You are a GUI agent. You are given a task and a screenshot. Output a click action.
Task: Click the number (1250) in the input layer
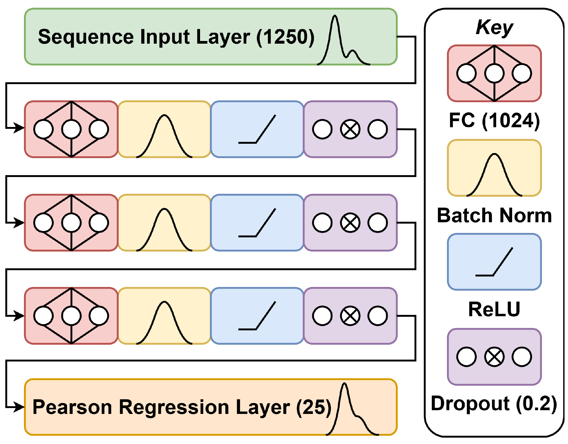(x=285, y=37)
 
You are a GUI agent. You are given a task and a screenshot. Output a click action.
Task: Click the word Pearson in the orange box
(x=72, y=407)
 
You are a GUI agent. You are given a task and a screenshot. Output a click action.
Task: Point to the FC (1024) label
(x=494, y=121)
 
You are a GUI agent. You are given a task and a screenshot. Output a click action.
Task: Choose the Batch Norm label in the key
(x=494, y=215)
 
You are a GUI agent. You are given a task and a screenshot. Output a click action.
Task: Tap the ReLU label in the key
(x=494, y=309)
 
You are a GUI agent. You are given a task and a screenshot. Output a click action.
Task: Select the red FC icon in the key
(x=494, y=73)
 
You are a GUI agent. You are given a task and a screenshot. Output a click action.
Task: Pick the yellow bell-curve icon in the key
(x=494, y=168)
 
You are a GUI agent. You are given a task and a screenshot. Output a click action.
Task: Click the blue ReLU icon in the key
(x=494, y=262)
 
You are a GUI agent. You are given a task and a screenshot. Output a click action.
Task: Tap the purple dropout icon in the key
(x=494, y=357)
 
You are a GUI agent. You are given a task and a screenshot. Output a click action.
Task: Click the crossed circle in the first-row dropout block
(x=350, y=129)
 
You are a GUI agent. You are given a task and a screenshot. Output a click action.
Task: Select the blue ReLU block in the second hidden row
(x=257, y=223)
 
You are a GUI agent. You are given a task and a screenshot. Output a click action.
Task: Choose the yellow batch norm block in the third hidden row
(x=164, y=316)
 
